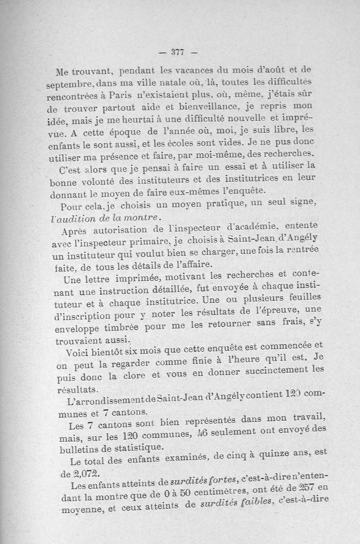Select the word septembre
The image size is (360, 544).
pos(67,85)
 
